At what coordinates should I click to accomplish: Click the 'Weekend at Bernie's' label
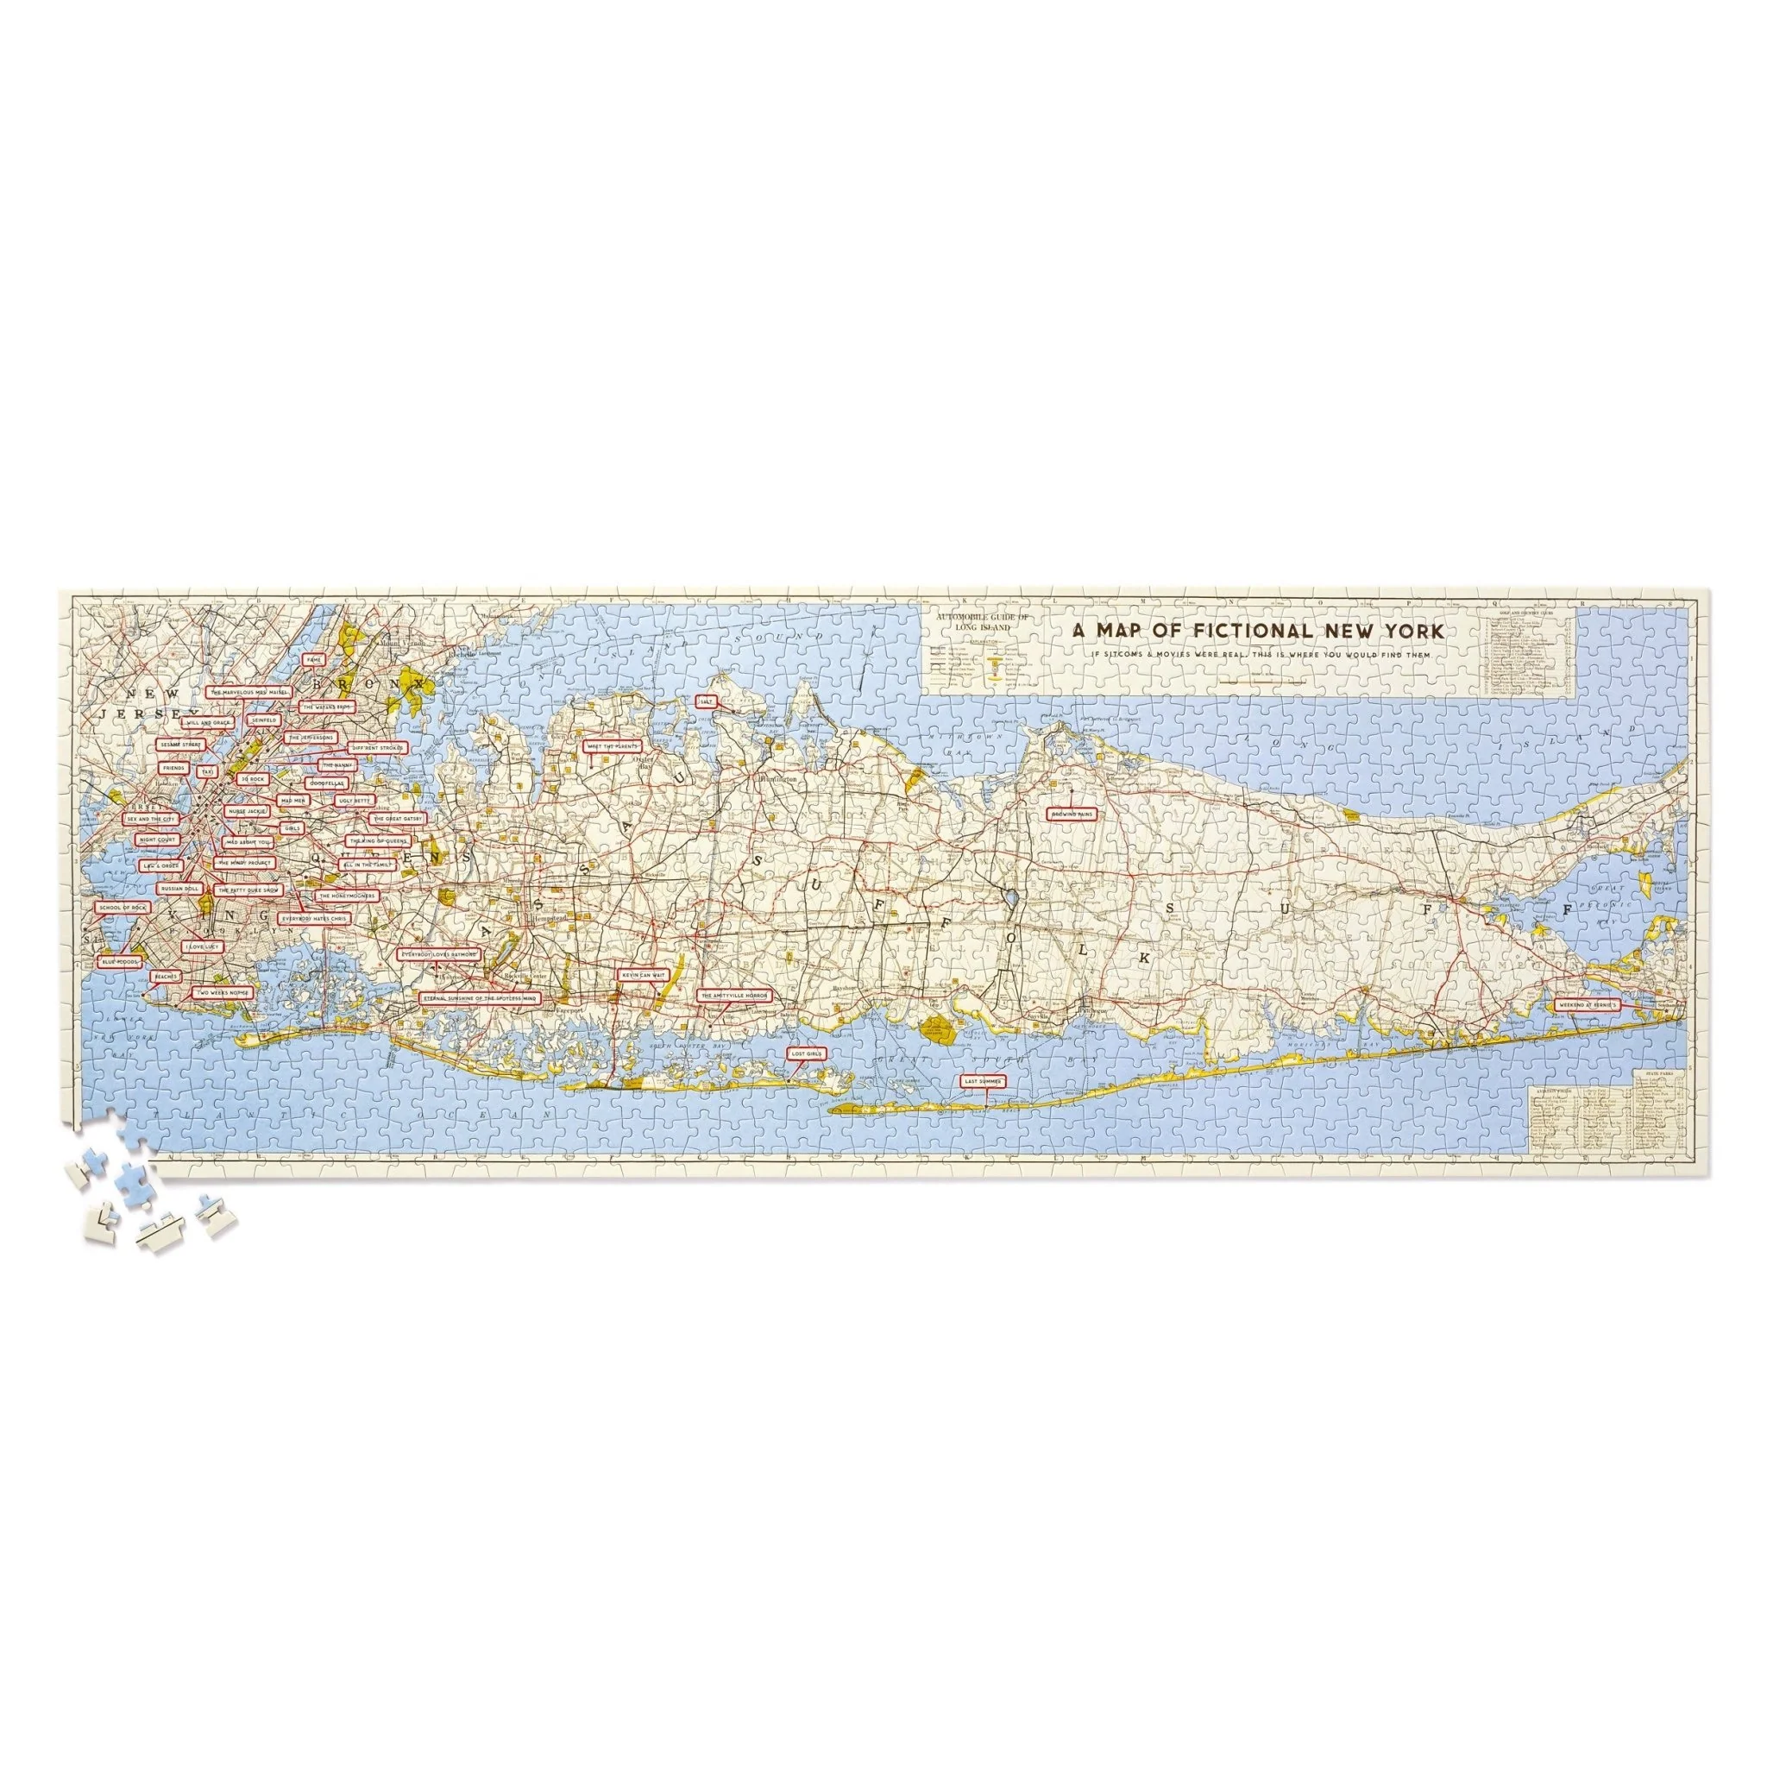[x=1587, y=1004]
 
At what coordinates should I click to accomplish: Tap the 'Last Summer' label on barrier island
[x=984, y=1080]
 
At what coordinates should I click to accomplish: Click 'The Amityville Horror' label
[x=733, y=994]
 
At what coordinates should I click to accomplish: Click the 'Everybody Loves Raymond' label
[x=440, y=953]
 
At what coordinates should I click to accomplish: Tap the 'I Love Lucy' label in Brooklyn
[x=200, y=946]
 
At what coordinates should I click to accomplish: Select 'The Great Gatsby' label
[x=398, y=819]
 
